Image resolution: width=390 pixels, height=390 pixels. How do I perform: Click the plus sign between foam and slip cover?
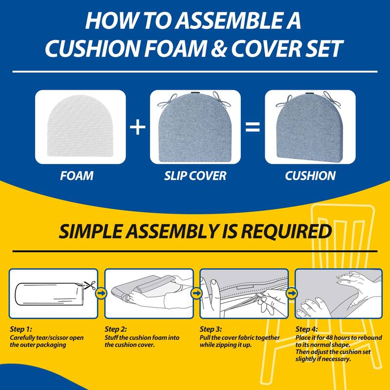pos(138,128)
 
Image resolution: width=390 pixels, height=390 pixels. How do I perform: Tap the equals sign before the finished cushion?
pos(252,128)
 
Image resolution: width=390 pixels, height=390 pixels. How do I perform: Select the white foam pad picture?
pos(80,128)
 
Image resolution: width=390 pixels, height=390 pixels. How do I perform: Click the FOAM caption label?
pos(77,175)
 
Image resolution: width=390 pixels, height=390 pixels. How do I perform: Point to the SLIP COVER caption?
pos(195,175)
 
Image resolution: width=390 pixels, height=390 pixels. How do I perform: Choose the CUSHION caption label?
pos(310,175)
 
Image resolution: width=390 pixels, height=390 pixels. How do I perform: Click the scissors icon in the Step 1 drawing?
pos(88,285)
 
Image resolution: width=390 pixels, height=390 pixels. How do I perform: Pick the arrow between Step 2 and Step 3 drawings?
pos(196,293)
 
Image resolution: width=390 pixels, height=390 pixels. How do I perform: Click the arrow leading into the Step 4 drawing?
pos(292,293)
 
